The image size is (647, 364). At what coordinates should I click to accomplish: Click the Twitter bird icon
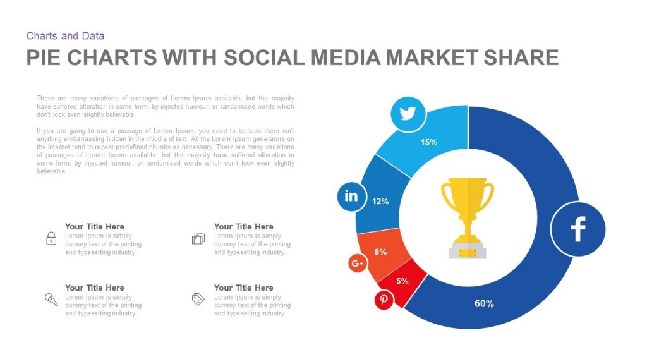(x=408, y=114)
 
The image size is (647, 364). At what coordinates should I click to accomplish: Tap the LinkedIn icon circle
(x=351, y=196)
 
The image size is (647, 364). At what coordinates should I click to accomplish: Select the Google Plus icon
(x=358, y=264)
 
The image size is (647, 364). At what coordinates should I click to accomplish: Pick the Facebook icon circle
(x=578, y=229)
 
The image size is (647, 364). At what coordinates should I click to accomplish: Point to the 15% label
(x=429, y=142)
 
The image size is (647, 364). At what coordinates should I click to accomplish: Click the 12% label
(x=380, y=202)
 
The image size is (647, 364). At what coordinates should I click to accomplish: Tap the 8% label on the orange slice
(x=380, y=252)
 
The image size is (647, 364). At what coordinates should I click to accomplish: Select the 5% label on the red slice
(x=402, y=281)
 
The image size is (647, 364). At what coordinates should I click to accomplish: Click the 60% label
(x=484, y=304)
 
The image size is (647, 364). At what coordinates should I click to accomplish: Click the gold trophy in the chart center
(x=468, y=218)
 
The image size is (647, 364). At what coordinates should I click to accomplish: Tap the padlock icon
(x=51, y=238)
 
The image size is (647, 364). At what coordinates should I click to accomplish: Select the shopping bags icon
(x=198, y=238)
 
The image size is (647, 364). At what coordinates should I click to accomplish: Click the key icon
(x=51, y=299)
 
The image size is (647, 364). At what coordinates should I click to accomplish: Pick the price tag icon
(x=198, y=299)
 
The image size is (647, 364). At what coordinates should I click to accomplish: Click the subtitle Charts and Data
(x=65, y=36)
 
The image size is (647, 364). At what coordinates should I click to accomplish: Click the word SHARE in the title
(x=521, y=58)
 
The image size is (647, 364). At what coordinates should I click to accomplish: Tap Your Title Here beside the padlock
(x=95, y=227)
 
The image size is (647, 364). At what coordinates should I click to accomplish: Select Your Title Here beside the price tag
(x=243, y=288)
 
